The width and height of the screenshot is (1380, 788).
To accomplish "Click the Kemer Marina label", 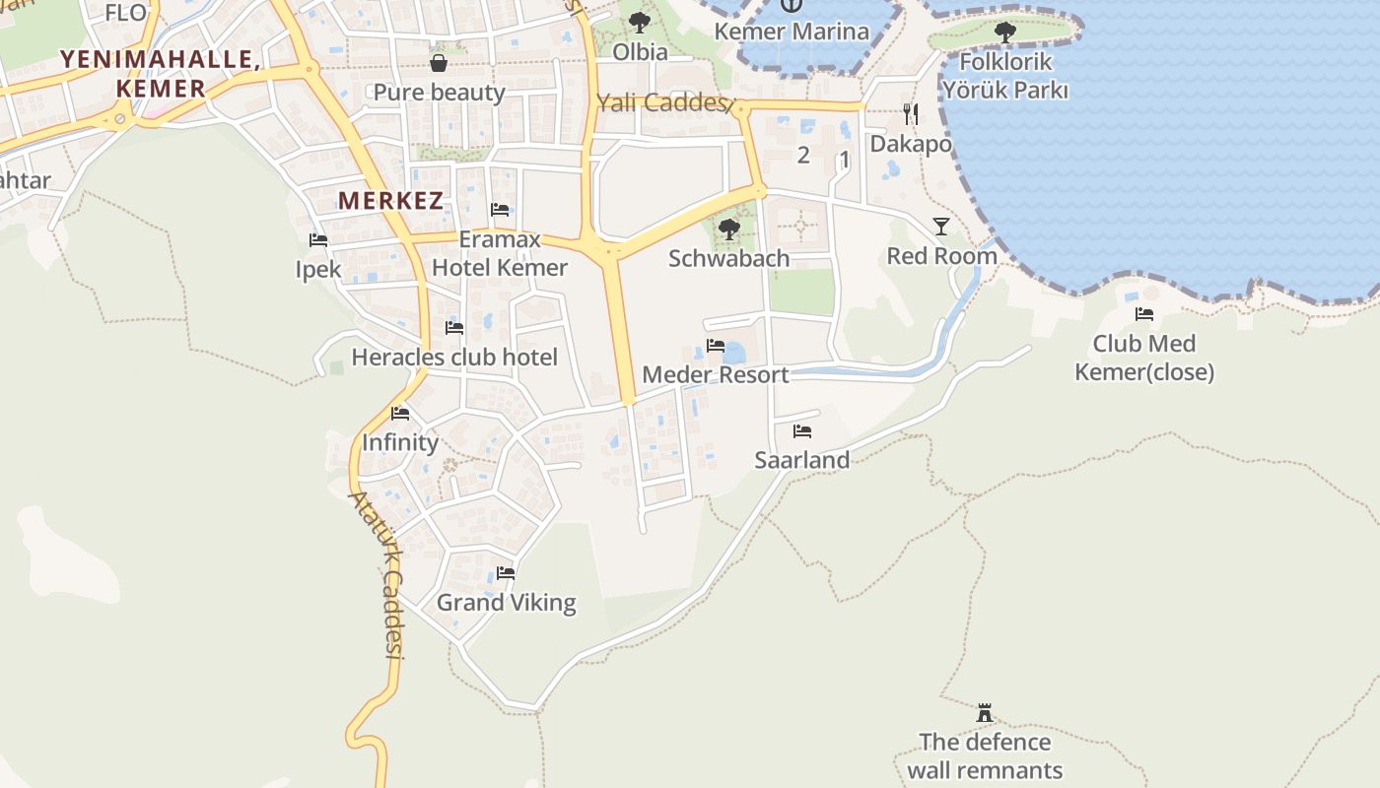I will point(792,32).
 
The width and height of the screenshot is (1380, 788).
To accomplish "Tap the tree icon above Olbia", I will point(640,21).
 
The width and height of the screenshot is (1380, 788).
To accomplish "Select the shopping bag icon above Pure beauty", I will point(439,63).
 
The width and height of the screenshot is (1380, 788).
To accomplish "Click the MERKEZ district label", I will point(390,201).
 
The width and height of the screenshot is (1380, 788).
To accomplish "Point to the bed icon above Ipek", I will point(317,239).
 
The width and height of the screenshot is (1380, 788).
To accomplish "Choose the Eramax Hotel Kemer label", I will point(500,253).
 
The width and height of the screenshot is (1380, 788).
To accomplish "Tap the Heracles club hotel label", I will point(454,358).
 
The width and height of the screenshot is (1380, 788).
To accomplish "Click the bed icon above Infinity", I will point(399,414).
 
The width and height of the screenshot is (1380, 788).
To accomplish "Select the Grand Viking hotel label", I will point(506,603).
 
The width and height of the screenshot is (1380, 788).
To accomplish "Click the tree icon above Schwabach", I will point(728,230).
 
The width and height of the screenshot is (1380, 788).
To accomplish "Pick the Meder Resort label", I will point(715,375).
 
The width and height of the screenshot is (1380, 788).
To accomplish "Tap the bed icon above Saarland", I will point(801,431).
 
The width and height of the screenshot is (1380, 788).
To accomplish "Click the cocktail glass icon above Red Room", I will point(941,227).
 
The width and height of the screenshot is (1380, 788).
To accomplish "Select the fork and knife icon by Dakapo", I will point(911,114).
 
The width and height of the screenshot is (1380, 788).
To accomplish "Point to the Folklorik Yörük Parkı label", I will point(1004,76).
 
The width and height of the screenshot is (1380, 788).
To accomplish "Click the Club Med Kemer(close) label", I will point(1143,358).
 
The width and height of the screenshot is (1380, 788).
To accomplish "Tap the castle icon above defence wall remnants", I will point(984,712).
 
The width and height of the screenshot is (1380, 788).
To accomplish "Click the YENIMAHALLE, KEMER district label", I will point(160,73).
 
